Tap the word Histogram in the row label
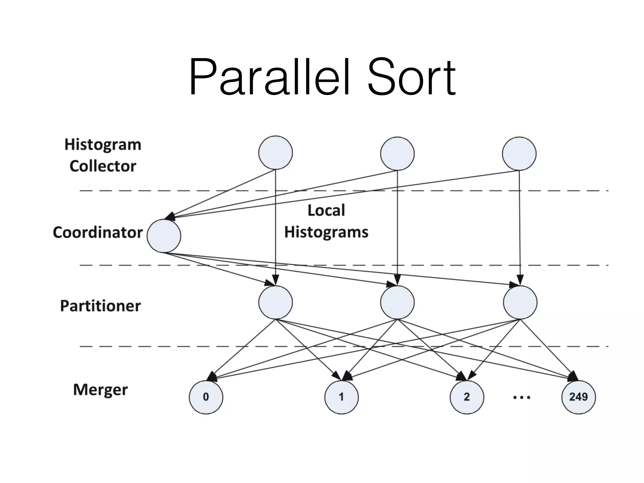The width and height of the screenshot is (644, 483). [103, 145]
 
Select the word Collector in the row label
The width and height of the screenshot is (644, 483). [103, 166]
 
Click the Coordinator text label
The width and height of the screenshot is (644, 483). [98, 232]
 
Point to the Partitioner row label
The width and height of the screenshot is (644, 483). [100, 306]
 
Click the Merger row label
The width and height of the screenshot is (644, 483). [100, 390]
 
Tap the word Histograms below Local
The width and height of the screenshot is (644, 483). [326, 232]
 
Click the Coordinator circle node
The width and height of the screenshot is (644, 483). [164, 236]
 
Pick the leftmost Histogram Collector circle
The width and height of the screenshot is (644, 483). [275, 153]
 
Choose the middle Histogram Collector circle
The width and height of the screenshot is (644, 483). [397, 153]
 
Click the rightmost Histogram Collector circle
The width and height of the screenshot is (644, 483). [519, 153]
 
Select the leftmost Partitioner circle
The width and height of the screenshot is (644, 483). [275, 302]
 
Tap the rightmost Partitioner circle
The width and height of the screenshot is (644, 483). [520, 302]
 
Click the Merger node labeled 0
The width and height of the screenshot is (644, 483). [206, 397]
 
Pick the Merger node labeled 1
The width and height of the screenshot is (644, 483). [341, 397]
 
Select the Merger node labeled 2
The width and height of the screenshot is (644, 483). [467, 397]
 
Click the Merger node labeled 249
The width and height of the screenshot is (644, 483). [578, 397]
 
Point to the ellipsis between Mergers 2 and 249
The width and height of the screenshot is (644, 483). [522, 397]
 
